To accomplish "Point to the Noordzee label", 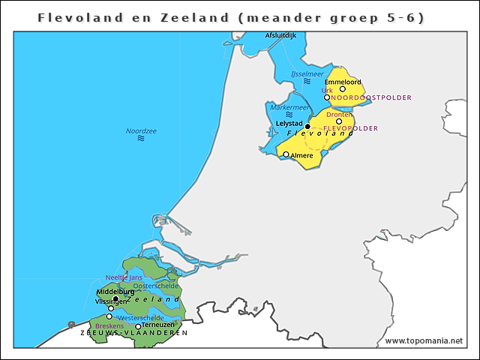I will tap(141, 130).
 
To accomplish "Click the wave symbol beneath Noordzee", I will tap(140, 139).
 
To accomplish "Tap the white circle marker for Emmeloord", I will tap(343, 89).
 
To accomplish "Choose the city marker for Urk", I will tap(327, 97).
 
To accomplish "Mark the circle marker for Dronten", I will tap(339, 121).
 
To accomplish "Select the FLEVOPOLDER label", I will tap(350, 128).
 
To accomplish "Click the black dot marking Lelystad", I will tap(307, 127).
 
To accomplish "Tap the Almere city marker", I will tap(286, 154).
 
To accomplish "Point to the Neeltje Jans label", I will tap(124, 277).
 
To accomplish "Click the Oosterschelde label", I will tap(155, 286).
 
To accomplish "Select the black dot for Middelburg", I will tap(115, 298).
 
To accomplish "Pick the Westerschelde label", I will tap(141, 318).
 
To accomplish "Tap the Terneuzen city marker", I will tap(138, 326).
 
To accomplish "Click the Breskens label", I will tap(109, 326).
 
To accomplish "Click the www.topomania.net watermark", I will tap(424, 340).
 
